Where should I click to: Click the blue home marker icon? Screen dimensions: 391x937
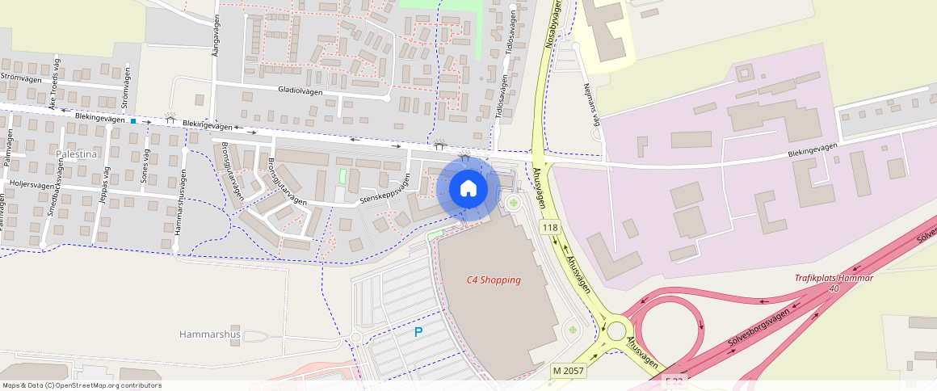[468, 188]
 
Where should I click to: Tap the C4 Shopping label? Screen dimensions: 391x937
[494, 280]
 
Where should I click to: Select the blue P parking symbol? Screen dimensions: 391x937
[418, 332]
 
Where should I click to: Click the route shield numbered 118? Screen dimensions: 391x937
[550, 228]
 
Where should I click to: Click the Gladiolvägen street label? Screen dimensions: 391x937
[300, 91]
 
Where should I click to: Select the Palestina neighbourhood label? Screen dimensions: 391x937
[78, 152]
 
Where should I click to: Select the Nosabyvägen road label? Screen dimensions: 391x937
[553, 24]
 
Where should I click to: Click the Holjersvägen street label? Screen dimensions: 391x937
[33, 184]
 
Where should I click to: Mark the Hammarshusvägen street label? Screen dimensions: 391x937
[179, 202]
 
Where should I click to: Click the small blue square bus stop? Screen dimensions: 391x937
[133, 121]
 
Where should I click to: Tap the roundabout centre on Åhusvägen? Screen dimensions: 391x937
[617, 331]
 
